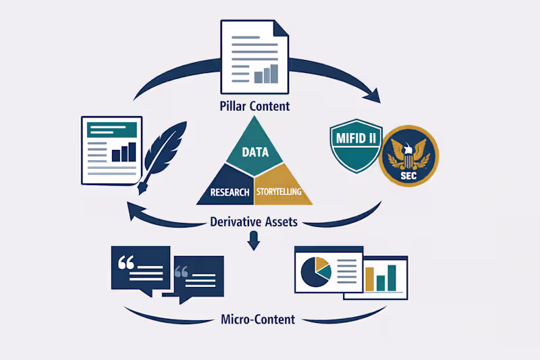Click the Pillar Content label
pos(254,106)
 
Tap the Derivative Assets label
pos(254,221)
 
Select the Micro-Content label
pos(258,319)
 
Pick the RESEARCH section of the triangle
pos(225,192)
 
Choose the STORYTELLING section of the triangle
pos(282,192)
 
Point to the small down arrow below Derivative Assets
pos(254,240)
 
